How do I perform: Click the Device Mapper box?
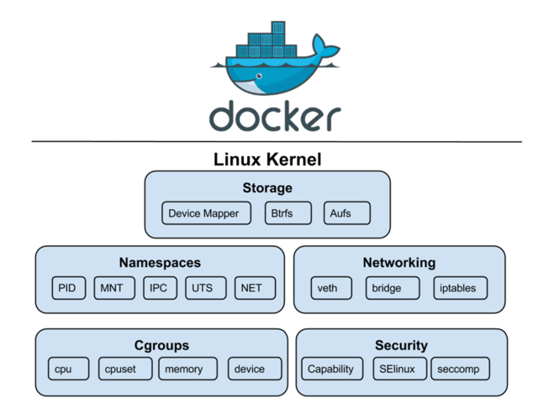(206, 213)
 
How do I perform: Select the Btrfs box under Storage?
(288, 213)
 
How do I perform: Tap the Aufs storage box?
(347, 213)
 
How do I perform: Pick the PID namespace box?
(69, 288)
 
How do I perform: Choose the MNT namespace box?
(114, 288)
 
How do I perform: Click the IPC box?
(161, 288)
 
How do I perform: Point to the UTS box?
(206, 288)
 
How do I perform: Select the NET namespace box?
(255, 288)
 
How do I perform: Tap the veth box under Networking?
(331, 288)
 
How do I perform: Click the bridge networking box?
(393, 288)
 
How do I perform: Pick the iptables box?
(460, 288)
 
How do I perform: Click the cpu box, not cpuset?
(69, 369)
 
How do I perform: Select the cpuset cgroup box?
(125, 369)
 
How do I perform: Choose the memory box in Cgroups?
(187, 369)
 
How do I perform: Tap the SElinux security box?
(400, 369)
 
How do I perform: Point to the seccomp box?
(460, 369)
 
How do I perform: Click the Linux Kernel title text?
(267, 160)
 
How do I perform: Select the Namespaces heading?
(160, 263)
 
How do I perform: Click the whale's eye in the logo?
(259, 76)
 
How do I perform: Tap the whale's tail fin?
(324, 46)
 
